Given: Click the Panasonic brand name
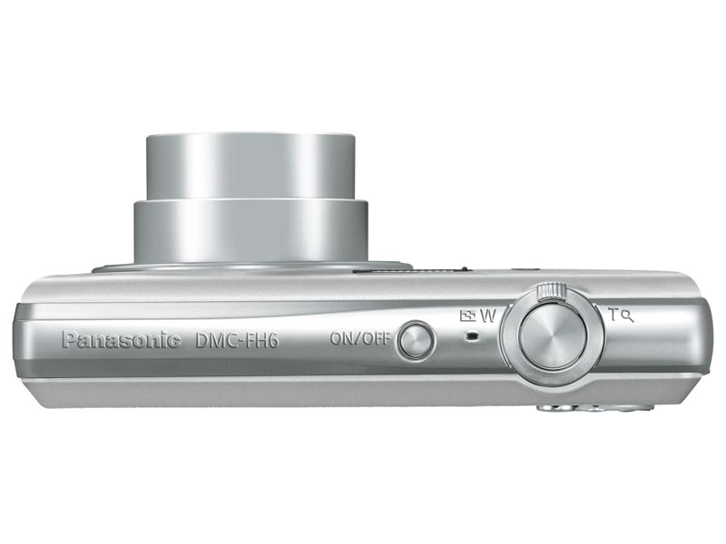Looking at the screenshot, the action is [122, 341].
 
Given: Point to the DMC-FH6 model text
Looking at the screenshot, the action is [237, 341].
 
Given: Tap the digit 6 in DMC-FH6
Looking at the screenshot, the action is [273, 341].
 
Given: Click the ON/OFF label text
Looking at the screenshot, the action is [360, 338].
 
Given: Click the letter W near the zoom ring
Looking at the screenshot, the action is [488, 316].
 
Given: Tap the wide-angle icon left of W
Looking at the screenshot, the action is [467, 316].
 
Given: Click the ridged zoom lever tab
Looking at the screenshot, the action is [552, 290].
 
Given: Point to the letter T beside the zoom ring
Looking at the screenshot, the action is [613, 315].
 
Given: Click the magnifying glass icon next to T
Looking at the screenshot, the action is [628, 317].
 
